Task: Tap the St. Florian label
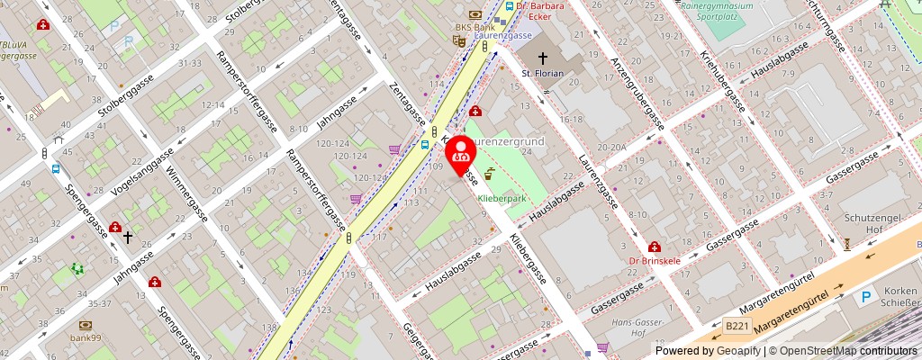tap(543, 73)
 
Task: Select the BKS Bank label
tap(475, 27)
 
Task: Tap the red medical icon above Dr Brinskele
tap(654, 247)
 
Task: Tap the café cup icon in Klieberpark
tap(489, 174)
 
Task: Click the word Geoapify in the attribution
tap(733, 351)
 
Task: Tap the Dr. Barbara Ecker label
tap(545, 10)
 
